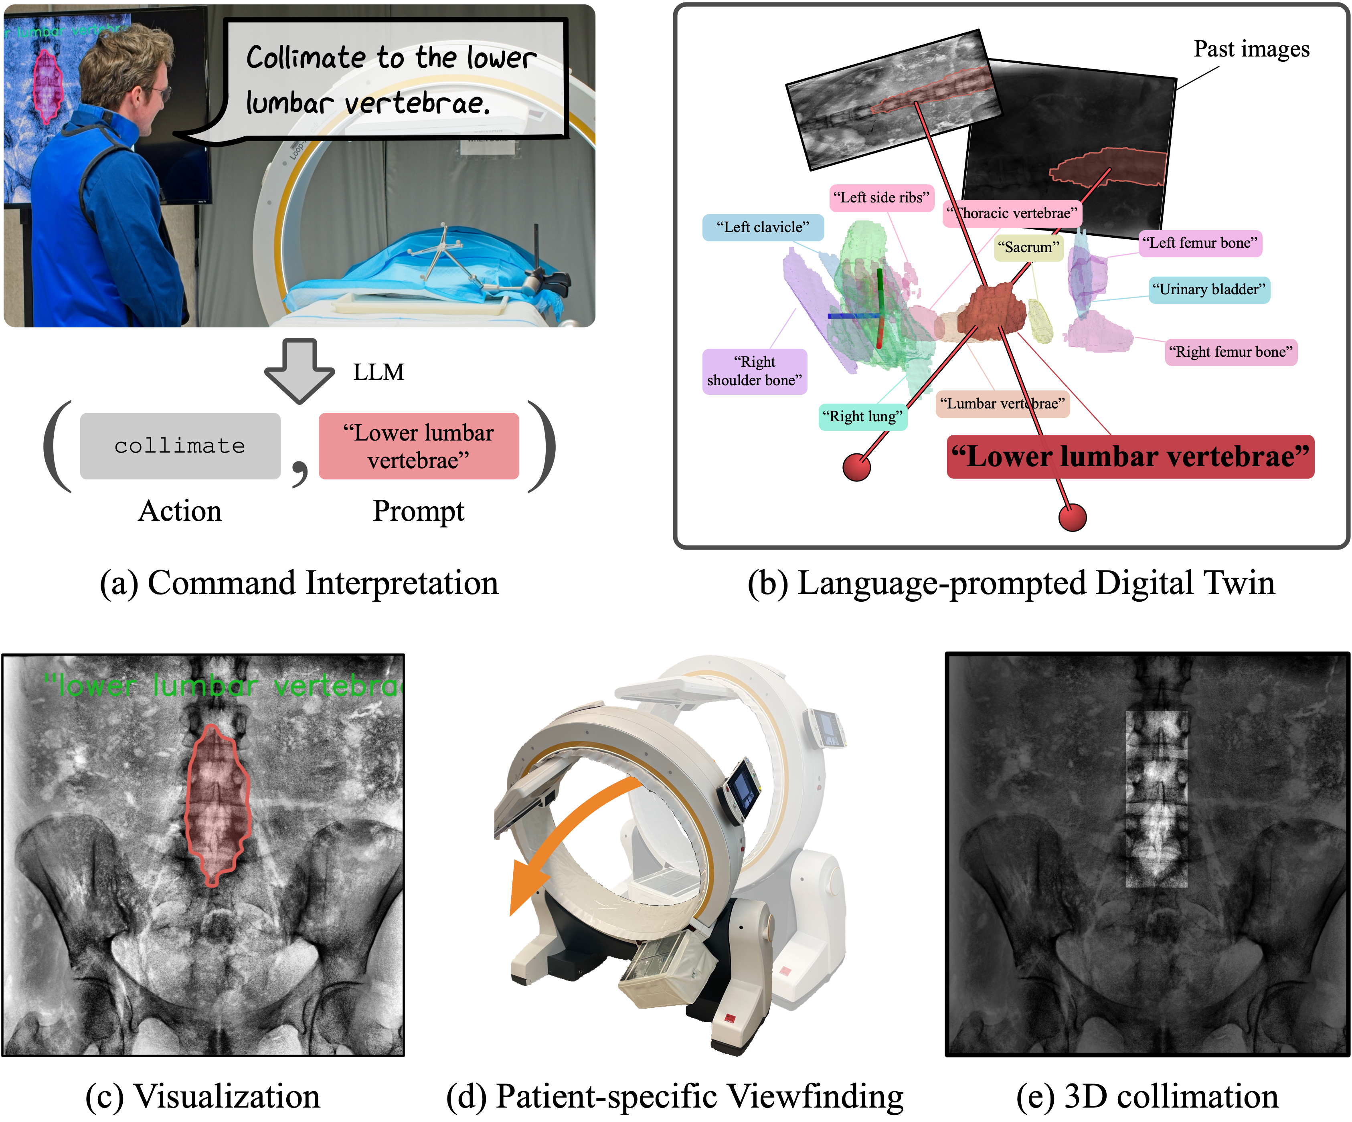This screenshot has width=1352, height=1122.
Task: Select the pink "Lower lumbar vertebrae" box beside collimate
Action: (x=419, y=445)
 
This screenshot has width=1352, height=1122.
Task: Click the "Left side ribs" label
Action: (x=881, y=198)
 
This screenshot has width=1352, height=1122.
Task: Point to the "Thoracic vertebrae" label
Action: (x=1012, y=214)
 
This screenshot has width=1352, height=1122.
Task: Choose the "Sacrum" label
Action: (x=1028, y=247)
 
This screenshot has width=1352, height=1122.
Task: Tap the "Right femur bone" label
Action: (x=1231, y=352)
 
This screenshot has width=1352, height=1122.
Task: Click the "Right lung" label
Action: (x=862, y=416)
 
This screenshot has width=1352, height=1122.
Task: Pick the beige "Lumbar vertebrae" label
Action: (x=1002, y=404)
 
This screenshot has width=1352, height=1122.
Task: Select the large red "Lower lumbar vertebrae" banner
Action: (x=1130, y=457)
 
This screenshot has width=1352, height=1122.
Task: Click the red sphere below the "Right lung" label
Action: (x=856, y=467)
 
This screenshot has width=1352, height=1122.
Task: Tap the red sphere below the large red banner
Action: (x=1072, y=518)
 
